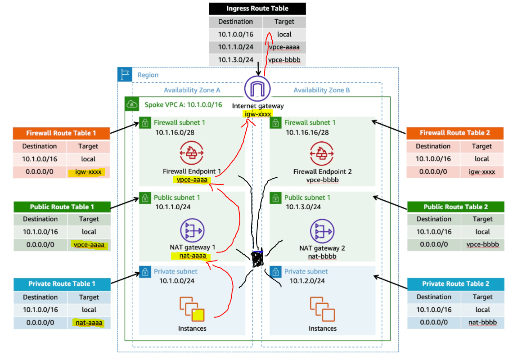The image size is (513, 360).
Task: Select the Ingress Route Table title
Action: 257,9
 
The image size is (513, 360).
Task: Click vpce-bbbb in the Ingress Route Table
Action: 284,59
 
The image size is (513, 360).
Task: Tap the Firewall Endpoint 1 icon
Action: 192,153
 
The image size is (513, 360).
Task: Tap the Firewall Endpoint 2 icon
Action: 322,153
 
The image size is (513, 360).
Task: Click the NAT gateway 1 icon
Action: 192,230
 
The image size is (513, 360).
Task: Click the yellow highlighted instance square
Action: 198,315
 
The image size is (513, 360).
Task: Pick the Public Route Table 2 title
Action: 455,207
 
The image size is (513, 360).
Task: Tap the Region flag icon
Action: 124,75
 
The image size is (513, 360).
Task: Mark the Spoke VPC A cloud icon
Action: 132,104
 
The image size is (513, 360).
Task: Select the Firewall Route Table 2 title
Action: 455,133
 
